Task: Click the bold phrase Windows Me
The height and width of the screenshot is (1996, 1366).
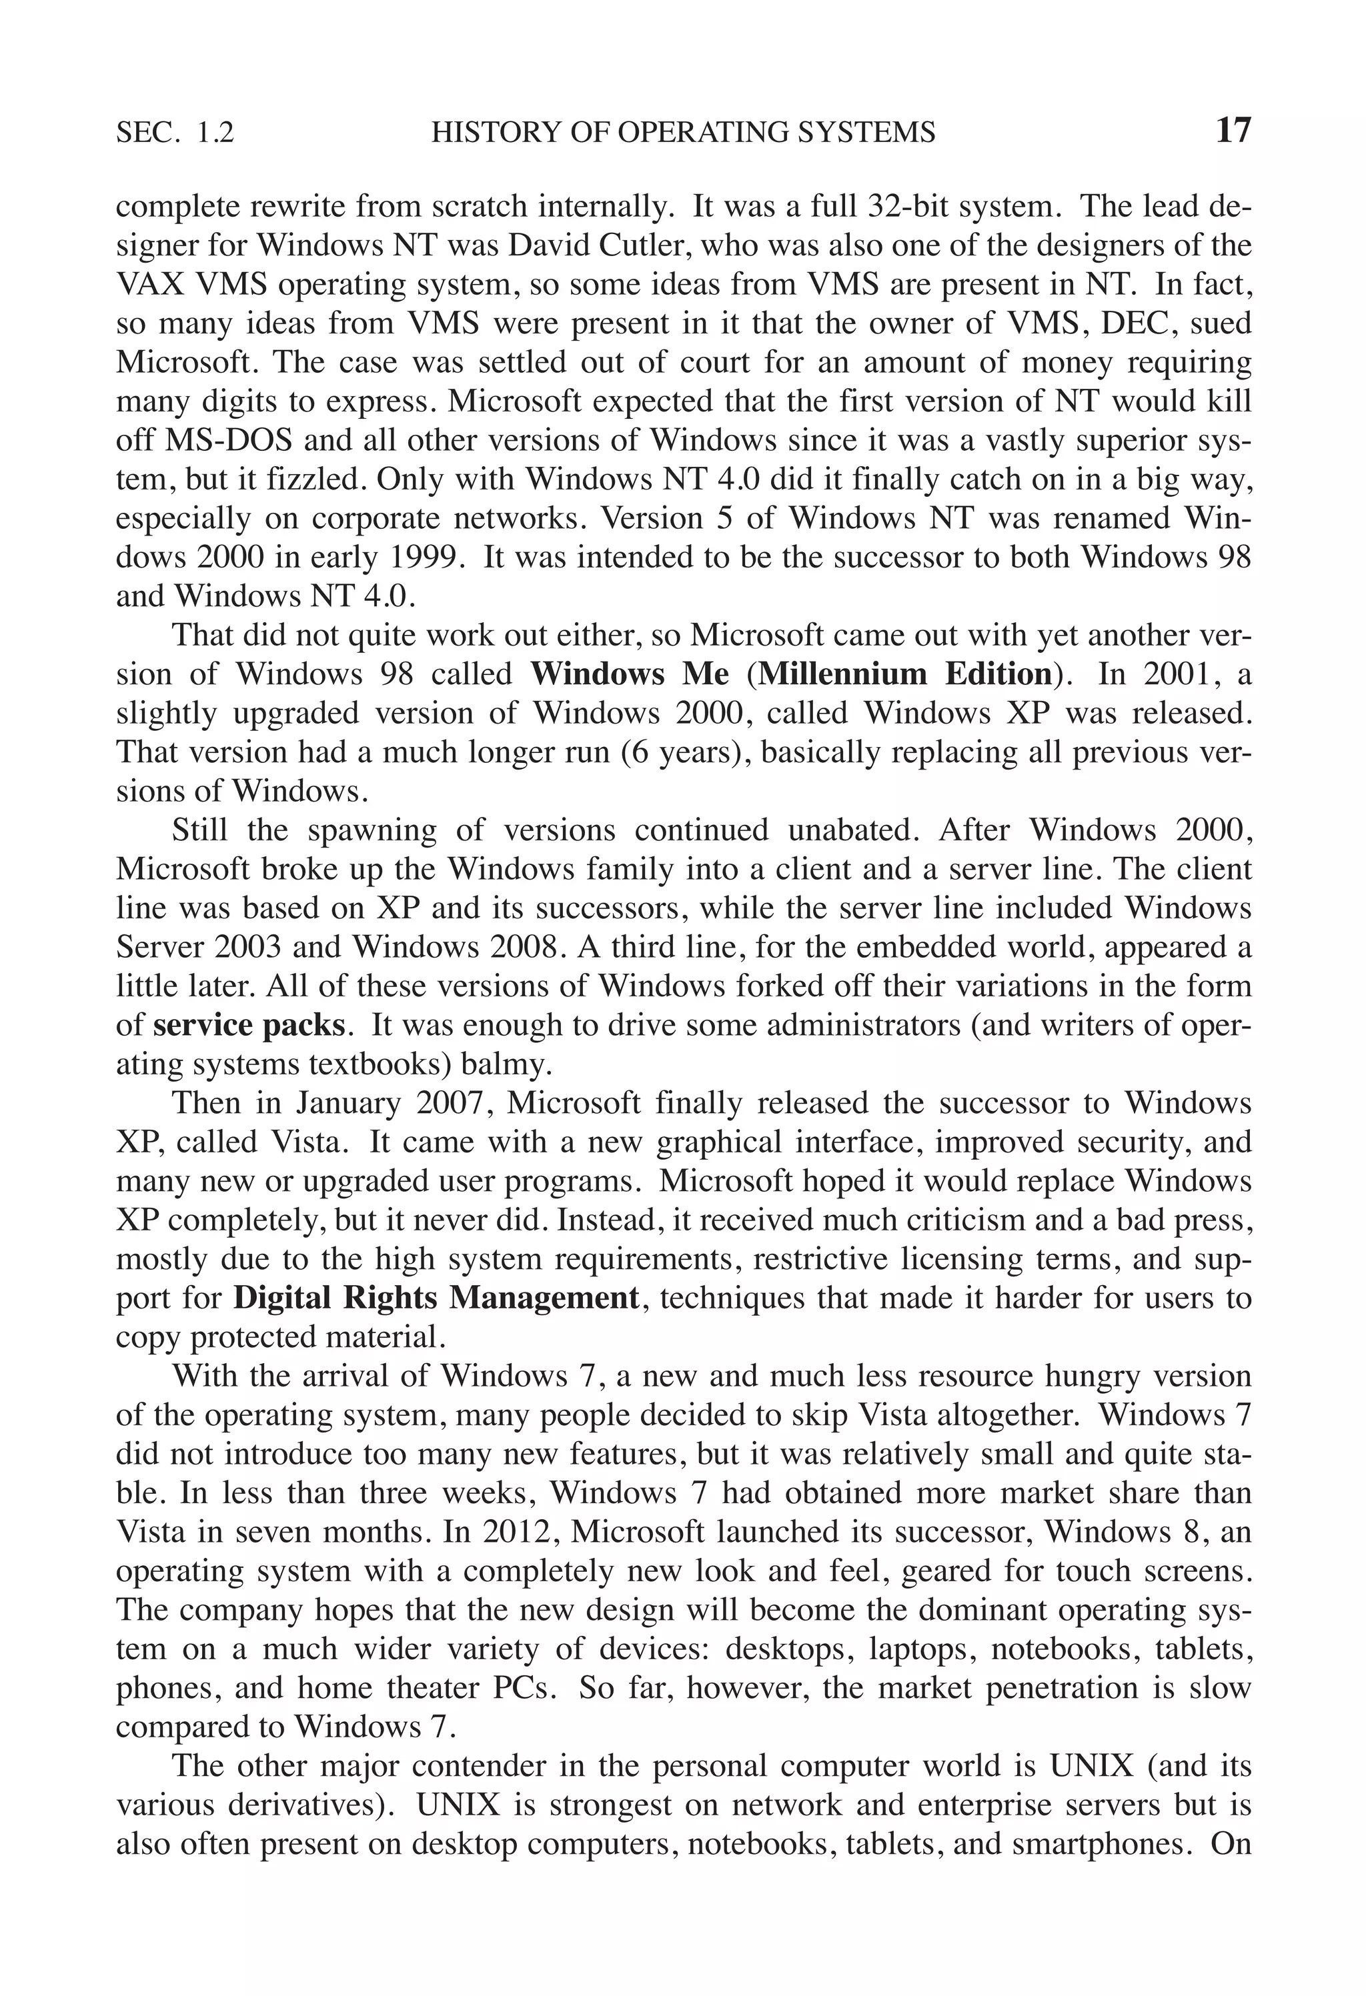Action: point(630,674)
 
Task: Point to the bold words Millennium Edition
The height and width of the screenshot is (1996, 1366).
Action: point(906,674)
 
